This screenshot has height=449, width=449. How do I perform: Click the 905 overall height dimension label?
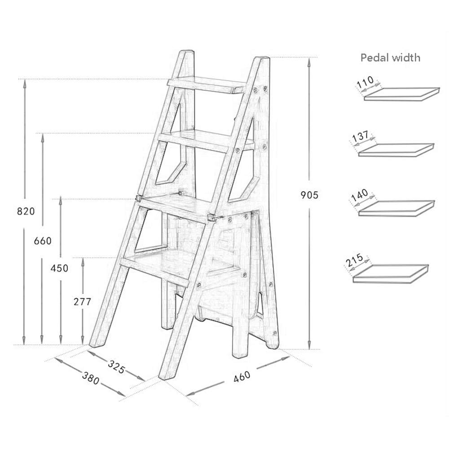(x=309, y=195)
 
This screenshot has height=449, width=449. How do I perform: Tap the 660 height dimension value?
(x=43, y=241)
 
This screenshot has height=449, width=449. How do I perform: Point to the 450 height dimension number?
(x=59, y=269)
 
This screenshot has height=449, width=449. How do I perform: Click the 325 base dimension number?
(x=115, y=367)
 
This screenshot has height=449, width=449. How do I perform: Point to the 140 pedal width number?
(x=360, y=196)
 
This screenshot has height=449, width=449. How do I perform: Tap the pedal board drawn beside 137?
(x=397, y=150)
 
